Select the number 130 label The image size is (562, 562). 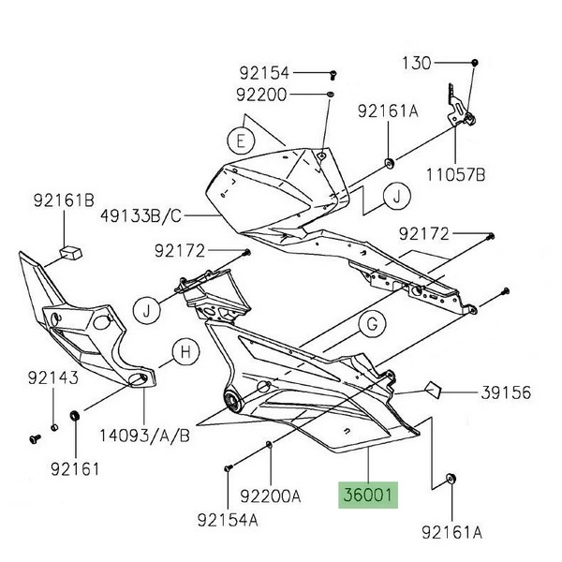pos(418,64)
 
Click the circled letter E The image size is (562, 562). pos(241,141)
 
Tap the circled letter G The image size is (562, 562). pos(371,325)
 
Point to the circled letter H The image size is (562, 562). pos(185,353)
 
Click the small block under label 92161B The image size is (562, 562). pos(67,251)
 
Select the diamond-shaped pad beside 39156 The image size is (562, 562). pos(434,388)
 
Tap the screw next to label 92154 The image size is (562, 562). pos(333,72)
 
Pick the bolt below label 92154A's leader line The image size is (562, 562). pos(228,466)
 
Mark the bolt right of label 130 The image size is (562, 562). pos(476,62)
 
